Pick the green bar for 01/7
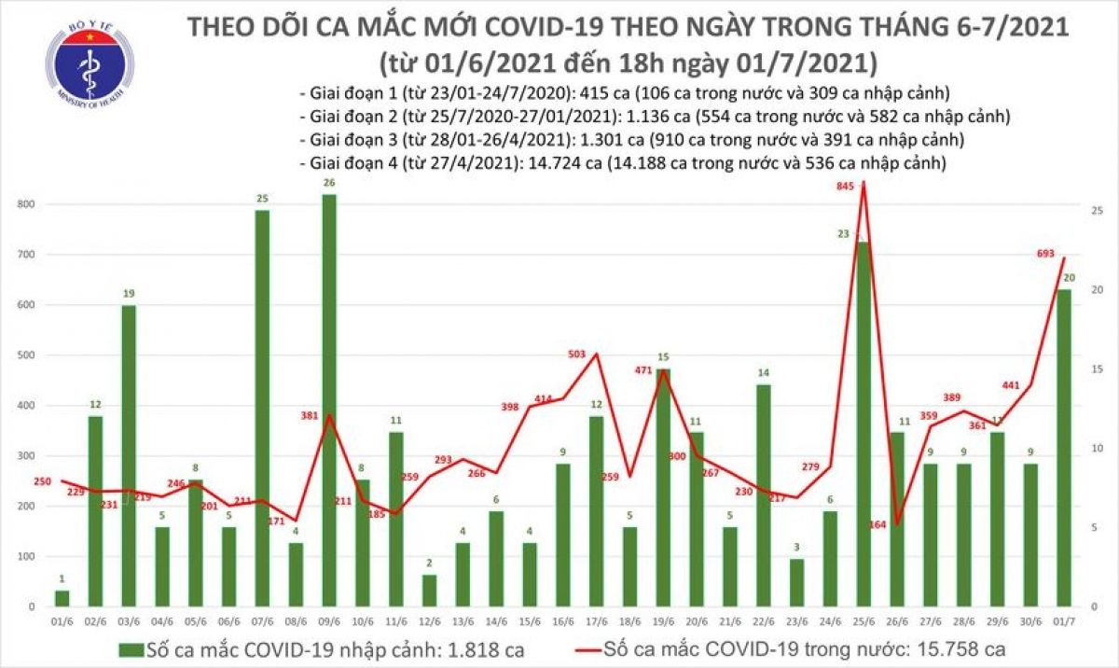click(1062, 448)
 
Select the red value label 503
click(579, 354)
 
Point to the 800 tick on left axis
click(28, 204)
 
